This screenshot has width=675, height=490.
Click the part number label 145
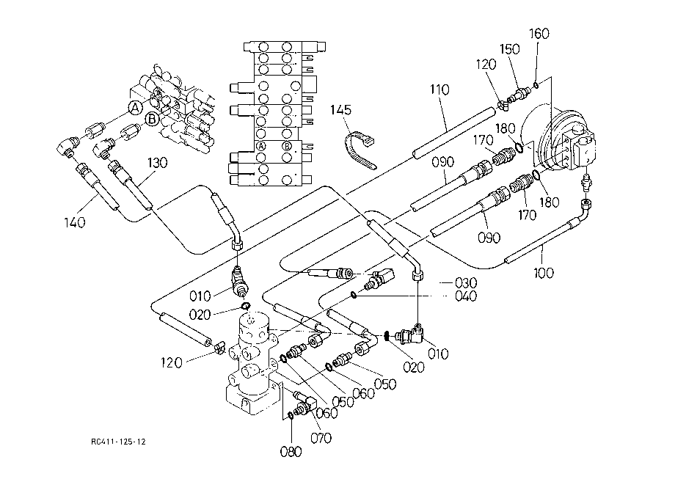pyautogui.click(x=340, y=110)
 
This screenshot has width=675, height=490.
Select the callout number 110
pyautogui.click(x=439, y=89)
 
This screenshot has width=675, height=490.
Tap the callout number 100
pyautogui.click(x=543, y=273)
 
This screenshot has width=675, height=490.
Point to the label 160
pyautogui.click(x=539, y=34)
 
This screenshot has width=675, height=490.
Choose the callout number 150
pyautogui.click(x=510, y=49)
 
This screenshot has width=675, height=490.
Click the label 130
pyautogui.click(x=157, y=163)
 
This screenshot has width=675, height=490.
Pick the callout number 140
pyautogui.click(x=75, y=222)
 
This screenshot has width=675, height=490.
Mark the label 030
pyautogui.click(x=466, y=282)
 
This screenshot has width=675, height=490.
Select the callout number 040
pyautogui.click(x=466, y=296)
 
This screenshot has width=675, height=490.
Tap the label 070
pyautogui.click(x=321, y=438)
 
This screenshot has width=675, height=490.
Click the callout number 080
pyautogui.click(x=291, y=452)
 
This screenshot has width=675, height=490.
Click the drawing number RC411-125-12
pyautogui.click(x=118, y=442)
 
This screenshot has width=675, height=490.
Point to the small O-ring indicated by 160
pyautogui.click(x=536, y=85)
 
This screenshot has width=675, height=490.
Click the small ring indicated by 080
pyautogui.click(x=290, y=416)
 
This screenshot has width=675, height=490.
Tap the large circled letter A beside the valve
pyautogui.click(x=135, y=108)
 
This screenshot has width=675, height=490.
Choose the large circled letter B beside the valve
pyautogui.click(x=152, y=119)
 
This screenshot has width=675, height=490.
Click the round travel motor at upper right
pyautogui.click(x=560, y=140)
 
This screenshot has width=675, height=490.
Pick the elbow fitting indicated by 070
pyautogui.click(x=304, y=403)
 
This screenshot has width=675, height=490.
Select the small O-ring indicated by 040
pyautogui.click(x=353, y=295)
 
